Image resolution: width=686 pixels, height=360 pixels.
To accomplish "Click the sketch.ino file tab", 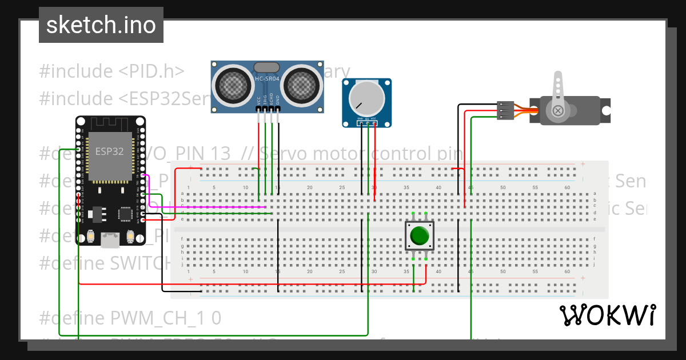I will click(101, 25).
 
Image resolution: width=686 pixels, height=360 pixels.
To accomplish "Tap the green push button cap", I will click(420, 235).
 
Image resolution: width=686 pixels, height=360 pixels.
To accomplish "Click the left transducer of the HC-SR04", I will click(232, 85).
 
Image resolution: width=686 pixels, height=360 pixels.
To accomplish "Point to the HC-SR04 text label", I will click(267, 79).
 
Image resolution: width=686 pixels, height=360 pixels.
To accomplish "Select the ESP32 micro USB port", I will click(110, 240).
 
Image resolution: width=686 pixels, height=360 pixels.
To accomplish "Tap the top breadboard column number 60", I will click(567, 187).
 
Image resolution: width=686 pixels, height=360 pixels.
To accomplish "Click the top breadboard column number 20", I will click(309, 187).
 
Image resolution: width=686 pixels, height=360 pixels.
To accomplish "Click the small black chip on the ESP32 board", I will click(125, 214).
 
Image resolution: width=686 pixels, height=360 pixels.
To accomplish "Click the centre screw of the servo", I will click(556, 110).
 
